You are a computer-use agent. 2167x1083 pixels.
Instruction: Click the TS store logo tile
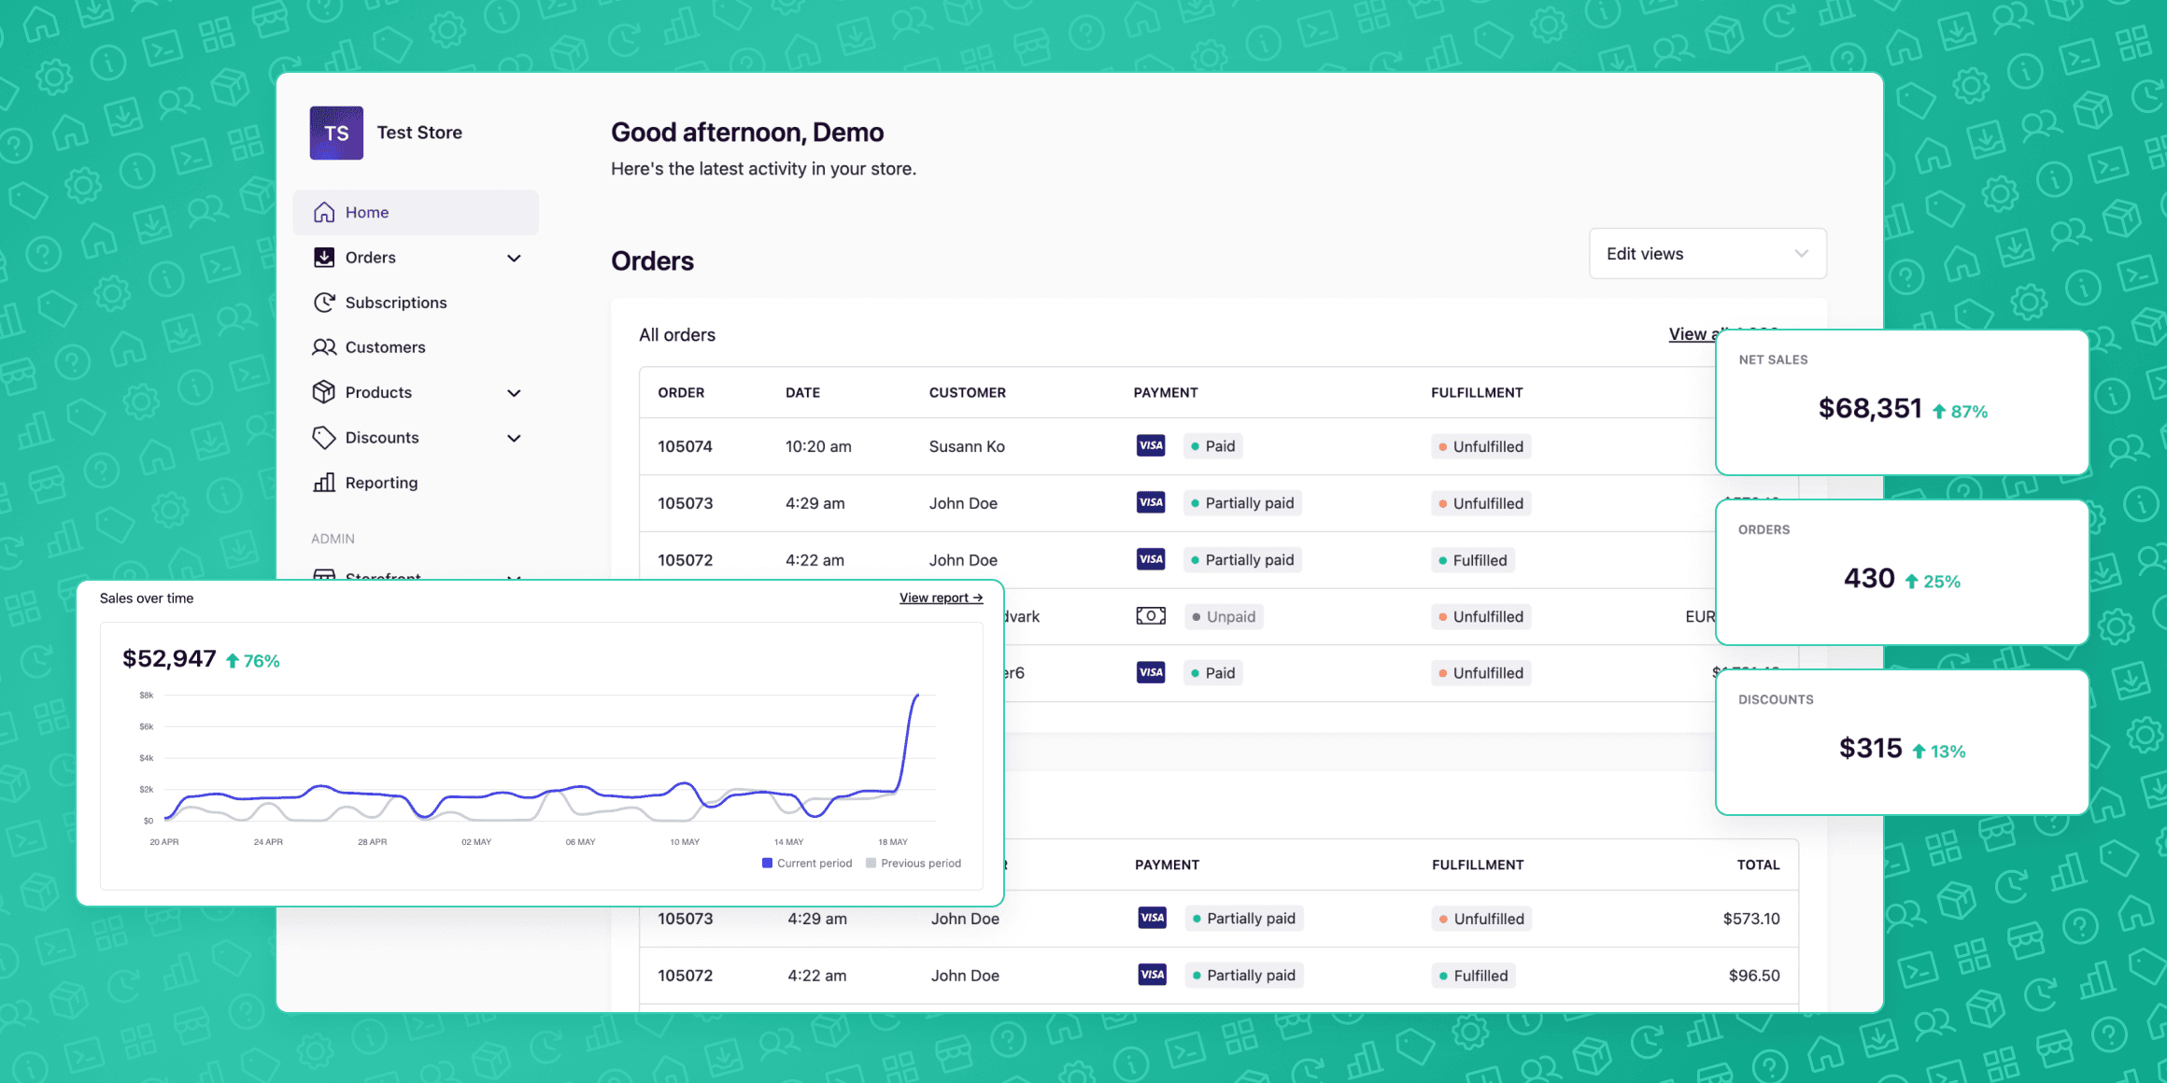(x=336, y=133)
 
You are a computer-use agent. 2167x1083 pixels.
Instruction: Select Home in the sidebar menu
(x=367, y=213)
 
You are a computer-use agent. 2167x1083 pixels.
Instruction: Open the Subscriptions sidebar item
(x=396, y=302)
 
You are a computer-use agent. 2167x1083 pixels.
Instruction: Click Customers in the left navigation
(x=385, y=347)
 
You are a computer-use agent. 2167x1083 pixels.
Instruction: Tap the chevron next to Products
(x=514, y=393)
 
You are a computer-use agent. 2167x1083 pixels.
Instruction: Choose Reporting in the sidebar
(x=381, y=483)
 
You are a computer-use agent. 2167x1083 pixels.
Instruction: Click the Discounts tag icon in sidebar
(x=323, y=438)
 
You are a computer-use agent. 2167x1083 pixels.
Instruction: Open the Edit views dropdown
(x=1707, y=254)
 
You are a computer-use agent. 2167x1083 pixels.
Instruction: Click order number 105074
(x=685, y=446)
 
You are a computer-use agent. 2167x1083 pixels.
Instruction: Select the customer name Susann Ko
(x=967, y=446)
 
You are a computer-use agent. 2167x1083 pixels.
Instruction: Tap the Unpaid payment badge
(x=1224, y=617)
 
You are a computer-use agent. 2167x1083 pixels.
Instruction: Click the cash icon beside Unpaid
(x=1151, y=616)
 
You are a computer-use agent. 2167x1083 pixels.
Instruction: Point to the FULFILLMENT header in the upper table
(x=1477, y=393)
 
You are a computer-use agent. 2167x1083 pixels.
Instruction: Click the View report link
(x=941, y=598)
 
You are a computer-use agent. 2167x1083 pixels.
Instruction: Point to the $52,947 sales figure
(x=169, y=659)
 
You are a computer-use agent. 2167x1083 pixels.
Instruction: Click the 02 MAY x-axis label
(x=476, y=842)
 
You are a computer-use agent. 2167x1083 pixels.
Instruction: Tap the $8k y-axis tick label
(x=146, y=696)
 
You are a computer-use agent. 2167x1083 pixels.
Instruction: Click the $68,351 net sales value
(x=1870, y=409)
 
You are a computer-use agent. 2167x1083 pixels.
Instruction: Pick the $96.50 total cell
(x=1753, y=976)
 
